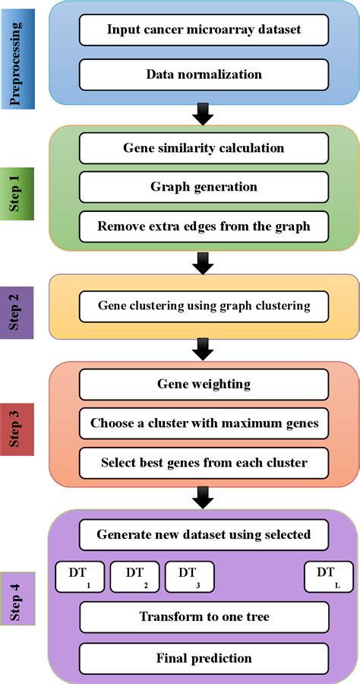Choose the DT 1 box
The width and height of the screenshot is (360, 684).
point(81,577)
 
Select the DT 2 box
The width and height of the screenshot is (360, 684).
point(134,577)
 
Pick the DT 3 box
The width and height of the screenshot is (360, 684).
point(189,577)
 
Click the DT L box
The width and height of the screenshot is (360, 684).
point(329,577)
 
